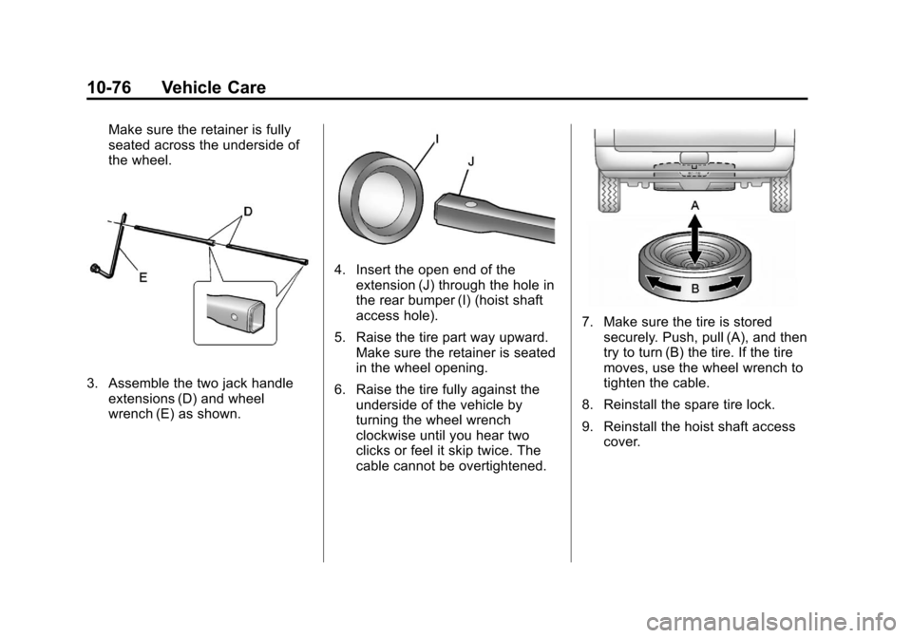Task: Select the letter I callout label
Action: (436, 140)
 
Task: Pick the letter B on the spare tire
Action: (694, 284)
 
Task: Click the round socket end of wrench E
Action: (96, 271)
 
